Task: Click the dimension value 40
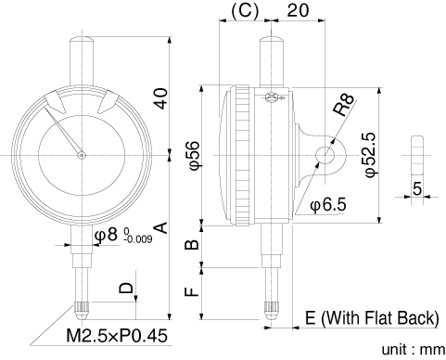click(161, 98)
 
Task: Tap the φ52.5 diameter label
click(370, 155)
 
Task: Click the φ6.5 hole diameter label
click(328, 204)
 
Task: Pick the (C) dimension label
click(245, 11)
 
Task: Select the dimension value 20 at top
click(298, 10)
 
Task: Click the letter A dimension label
click(161, 227)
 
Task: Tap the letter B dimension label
click(192, 244)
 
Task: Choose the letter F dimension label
click(192, 292)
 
